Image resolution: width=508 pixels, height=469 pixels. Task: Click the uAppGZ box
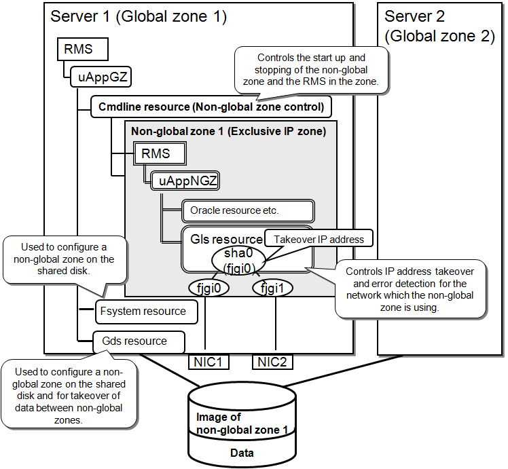point(99,77)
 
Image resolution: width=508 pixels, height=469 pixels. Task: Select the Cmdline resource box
point(211,107)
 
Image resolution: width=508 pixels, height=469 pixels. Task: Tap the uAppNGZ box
point(185,181)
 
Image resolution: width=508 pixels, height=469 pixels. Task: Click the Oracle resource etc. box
point(247,210)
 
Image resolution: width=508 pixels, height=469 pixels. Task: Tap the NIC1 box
point(208,362)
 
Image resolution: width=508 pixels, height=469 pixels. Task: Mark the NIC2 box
point(273,362)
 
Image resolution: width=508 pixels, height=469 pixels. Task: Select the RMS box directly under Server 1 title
point(79,49)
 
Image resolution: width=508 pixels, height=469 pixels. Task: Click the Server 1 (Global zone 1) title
point(139,16)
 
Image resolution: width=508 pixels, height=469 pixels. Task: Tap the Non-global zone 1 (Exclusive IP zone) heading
point(228,131)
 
